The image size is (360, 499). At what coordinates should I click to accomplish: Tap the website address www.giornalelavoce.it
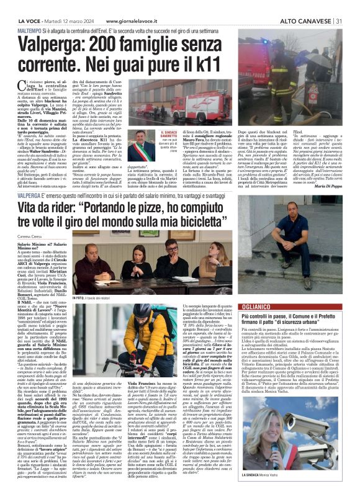[124, 6]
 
